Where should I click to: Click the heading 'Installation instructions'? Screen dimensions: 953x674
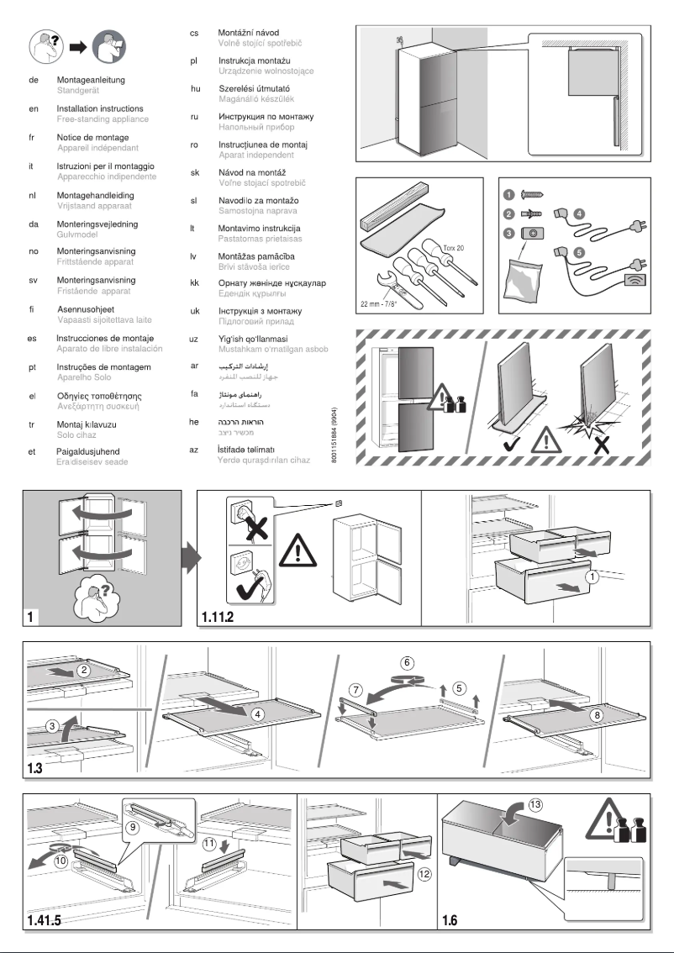pyautogui.click(x=99, y=109)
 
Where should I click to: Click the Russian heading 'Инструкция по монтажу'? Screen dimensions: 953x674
pyautogui.click(x=265, y=117)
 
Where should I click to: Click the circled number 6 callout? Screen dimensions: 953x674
pyautogui.click(x=407, y=662)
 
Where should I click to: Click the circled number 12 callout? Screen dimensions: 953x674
pyautogui.click(x=424, y=874)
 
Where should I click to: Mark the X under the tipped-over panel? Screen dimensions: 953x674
pyautogui.click(x=602, y=445)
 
